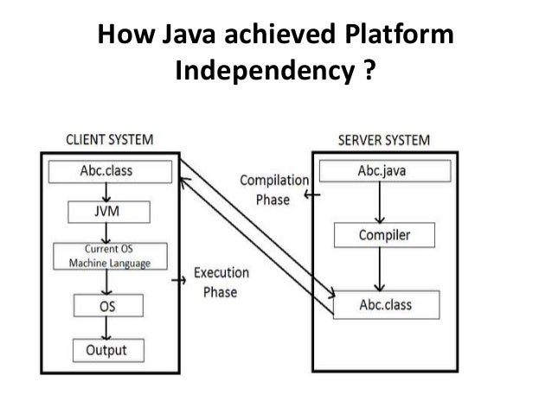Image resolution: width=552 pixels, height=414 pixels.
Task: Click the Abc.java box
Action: point(382,171)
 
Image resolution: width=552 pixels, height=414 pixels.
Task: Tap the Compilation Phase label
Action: point(273,189)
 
